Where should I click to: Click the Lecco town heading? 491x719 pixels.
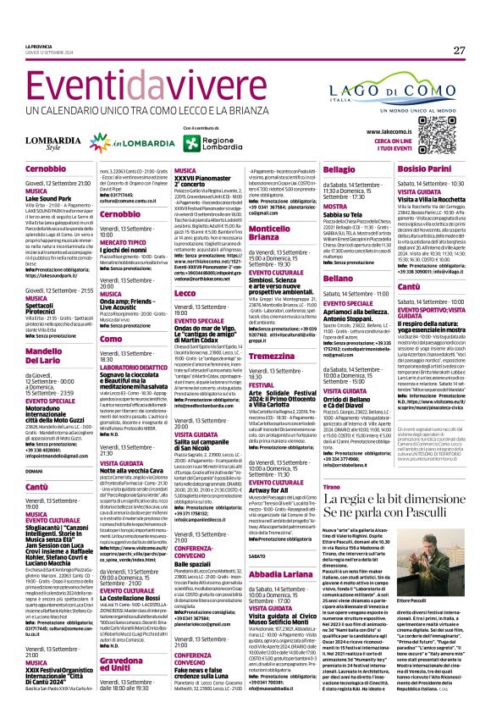click(185, 291)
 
